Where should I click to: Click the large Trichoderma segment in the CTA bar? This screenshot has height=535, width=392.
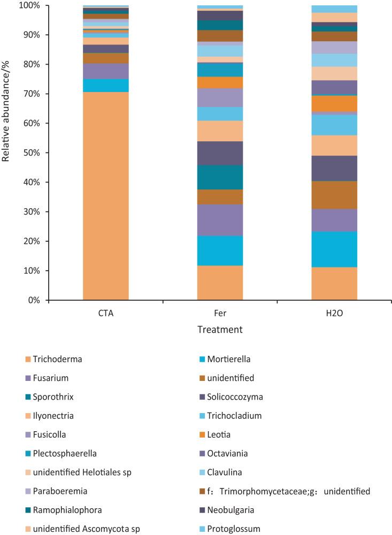coord(105,196)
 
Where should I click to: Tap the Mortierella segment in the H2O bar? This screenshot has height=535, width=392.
coord(334,249)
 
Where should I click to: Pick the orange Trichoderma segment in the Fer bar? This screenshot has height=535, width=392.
coord(220,282)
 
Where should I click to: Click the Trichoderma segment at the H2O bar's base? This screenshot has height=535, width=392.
coord(334,284)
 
